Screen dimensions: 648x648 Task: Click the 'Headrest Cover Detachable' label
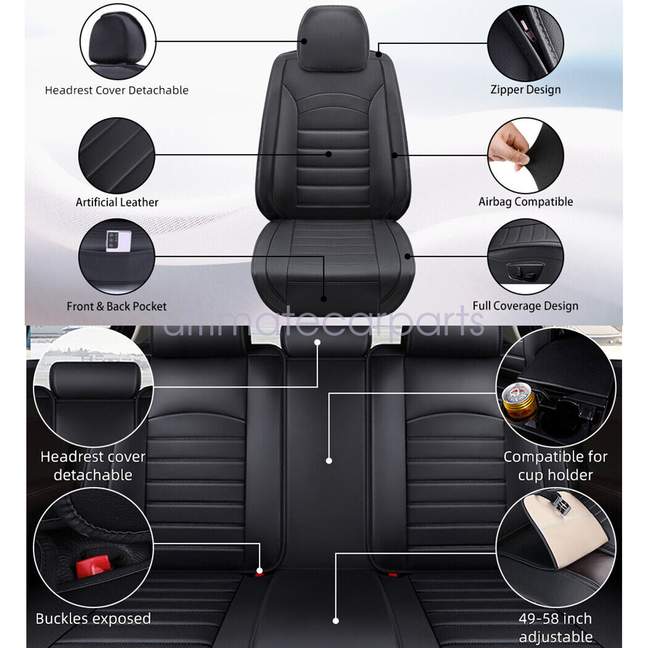[117, 90]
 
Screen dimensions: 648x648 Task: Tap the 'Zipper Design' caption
[525, 90]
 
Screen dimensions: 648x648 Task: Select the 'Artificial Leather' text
[117, 202]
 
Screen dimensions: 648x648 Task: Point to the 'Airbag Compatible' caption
[525, 202]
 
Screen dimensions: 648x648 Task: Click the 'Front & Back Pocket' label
[117, 306]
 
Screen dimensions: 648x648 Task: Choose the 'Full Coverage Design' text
[525, 306]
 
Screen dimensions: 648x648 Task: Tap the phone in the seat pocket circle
[118, 241]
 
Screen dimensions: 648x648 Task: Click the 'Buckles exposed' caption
[93, 618]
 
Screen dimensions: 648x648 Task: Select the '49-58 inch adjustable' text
[556, 627]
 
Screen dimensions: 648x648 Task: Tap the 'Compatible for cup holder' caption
[555, 466]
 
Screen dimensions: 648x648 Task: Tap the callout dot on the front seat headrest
[304, 41]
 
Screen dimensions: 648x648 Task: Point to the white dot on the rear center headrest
[317, 343]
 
